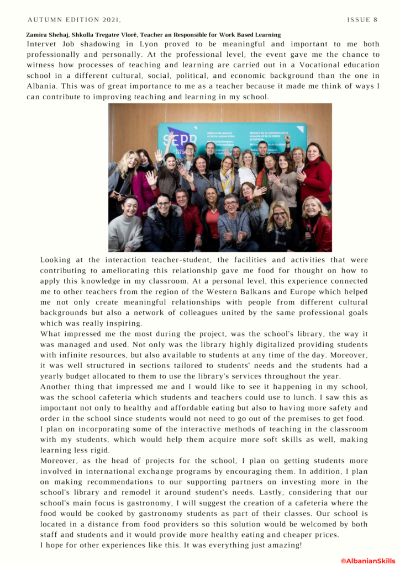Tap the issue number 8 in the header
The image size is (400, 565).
click(x=375, y=20)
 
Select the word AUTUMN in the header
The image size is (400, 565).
click(x=46, y=20)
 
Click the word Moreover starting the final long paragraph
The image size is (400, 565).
click(x=61, y=460)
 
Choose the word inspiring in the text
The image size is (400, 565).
click(x=125, y=323)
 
